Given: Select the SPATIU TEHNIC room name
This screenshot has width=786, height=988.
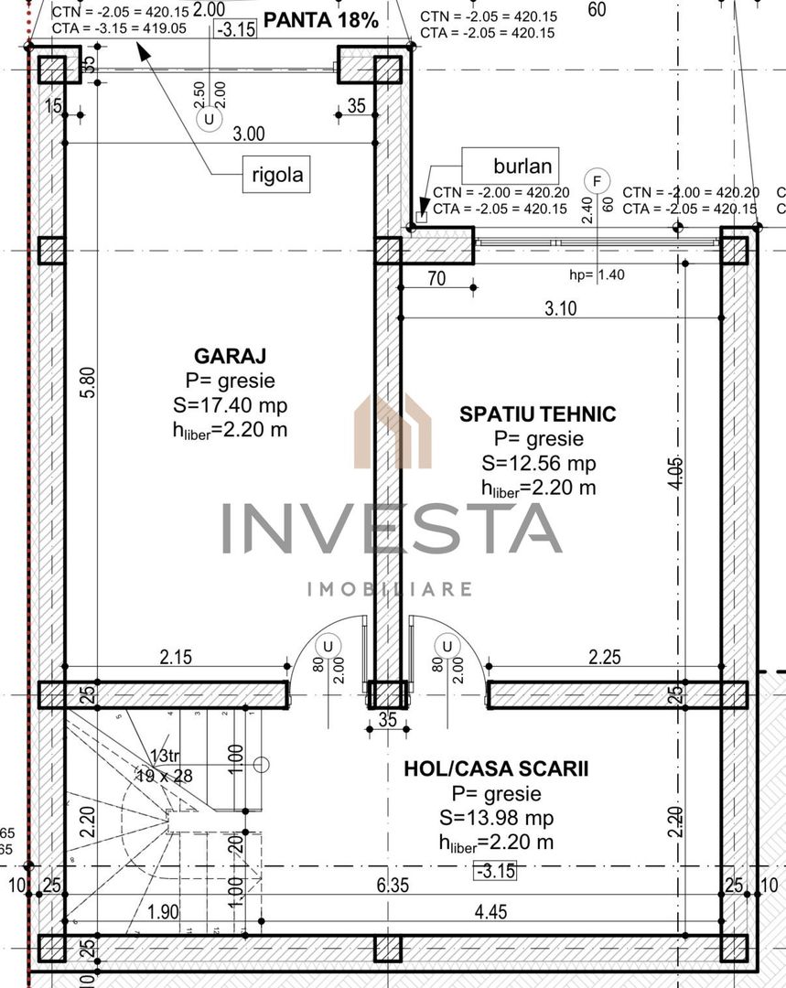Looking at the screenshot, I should point(537,414).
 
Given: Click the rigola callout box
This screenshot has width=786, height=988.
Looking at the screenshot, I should point(275,173).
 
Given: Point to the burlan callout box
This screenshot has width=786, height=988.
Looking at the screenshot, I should point(510,166).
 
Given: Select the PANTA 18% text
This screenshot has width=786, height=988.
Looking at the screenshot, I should point(320,21).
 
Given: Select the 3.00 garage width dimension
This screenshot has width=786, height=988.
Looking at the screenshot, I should point(248,134).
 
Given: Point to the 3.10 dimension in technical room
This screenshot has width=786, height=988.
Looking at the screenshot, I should point(560,308).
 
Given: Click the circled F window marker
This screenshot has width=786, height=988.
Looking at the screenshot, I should point(598,179).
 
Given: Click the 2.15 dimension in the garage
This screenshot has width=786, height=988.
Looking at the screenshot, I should point(176,656).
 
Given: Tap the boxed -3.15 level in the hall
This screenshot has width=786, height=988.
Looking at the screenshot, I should point(495,871).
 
